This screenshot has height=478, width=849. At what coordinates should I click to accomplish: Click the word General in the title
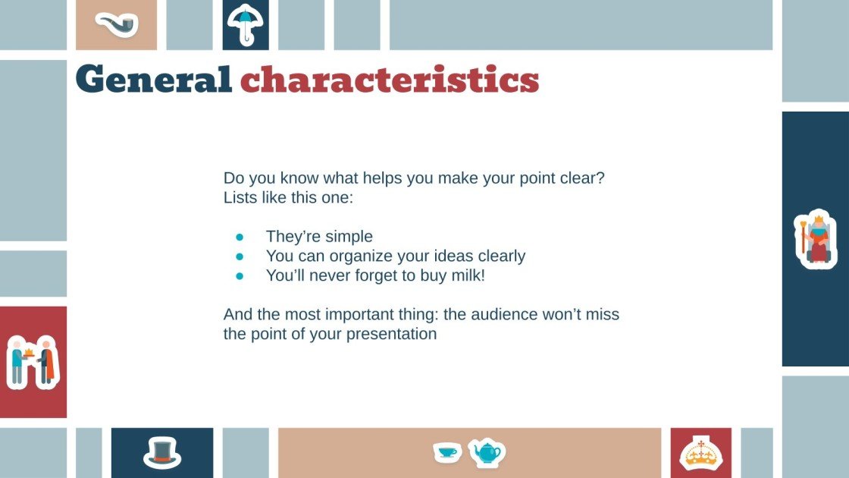coord(153,79)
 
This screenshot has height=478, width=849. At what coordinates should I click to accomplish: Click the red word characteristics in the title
coord(390,79)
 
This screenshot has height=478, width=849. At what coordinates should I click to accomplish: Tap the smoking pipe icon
coord(117,25)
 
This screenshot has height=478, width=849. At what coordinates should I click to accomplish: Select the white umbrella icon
coord(245,24)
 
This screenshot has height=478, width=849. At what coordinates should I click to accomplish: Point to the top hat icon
coord(161,452)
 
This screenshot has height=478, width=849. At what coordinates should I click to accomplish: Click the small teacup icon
coord(447,452)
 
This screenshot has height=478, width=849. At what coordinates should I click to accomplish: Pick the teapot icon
coord(485,453)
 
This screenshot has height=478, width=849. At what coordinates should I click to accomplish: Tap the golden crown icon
coord(700,454)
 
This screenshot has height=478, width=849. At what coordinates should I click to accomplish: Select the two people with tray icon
coord(32,362)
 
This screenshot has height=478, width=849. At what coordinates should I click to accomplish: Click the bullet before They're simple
coord(240,237)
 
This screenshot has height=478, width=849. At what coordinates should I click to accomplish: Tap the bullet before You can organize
coord(240,256)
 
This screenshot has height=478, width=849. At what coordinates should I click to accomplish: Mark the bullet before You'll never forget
coord(240,276)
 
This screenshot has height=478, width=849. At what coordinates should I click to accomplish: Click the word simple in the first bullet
coord(349,237)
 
